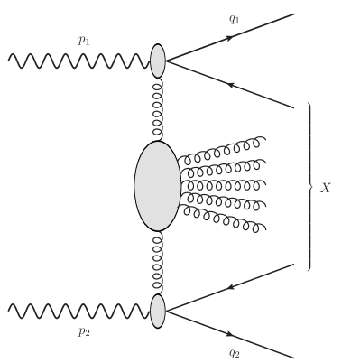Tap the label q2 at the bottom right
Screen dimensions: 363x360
[234, 352]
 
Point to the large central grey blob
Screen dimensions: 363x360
[157, 185]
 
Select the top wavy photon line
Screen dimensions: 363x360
[77, 60]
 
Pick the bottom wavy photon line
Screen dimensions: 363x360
[77, 311]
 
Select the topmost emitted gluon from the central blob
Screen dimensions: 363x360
[221, 150]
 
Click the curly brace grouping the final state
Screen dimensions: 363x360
[309, 187]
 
